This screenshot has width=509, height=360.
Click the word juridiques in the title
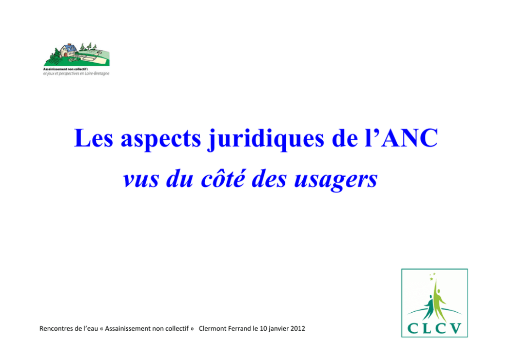coord(266,139)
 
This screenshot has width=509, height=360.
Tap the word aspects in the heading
coord(161,140)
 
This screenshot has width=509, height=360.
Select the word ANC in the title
coord(409,138)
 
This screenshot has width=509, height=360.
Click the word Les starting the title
coord(93,138)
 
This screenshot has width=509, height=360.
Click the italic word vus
coord(141,181)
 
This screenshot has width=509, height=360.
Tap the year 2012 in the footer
coord(298,329)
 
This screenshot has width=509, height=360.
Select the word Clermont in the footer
coord(212,329)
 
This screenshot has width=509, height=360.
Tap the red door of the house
coord(65,54)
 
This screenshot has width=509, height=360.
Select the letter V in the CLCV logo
coord(456,328)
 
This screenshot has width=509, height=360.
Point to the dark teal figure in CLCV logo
coord(429,308)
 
